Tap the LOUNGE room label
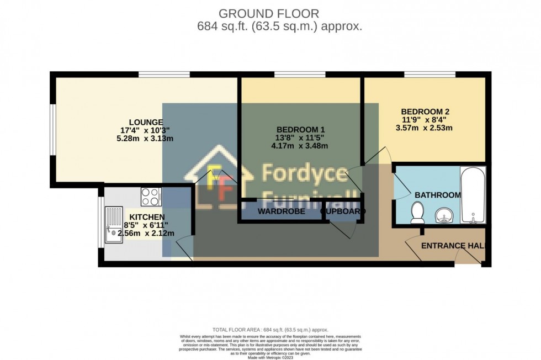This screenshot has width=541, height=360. point(146,122)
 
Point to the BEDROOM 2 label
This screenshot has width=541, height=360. point(425,112)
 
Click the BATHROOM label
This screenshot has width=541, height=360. point(437,195)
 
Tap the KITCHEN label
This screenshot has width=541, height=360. point(147,217)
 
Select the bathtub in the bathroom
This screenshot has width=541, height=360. point(473,195)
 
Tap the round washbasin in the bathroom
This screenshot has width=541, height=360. point(443,214)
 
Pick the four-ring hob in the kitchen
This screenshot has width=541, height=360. point(151,195)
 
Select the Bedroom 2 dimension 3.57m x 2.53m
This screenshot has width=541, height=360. point(425,128)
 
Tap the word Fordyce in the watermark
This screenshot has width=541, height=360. point(304,173)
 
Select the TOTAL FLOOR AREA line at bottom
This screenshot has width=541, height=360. point(270,329)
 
